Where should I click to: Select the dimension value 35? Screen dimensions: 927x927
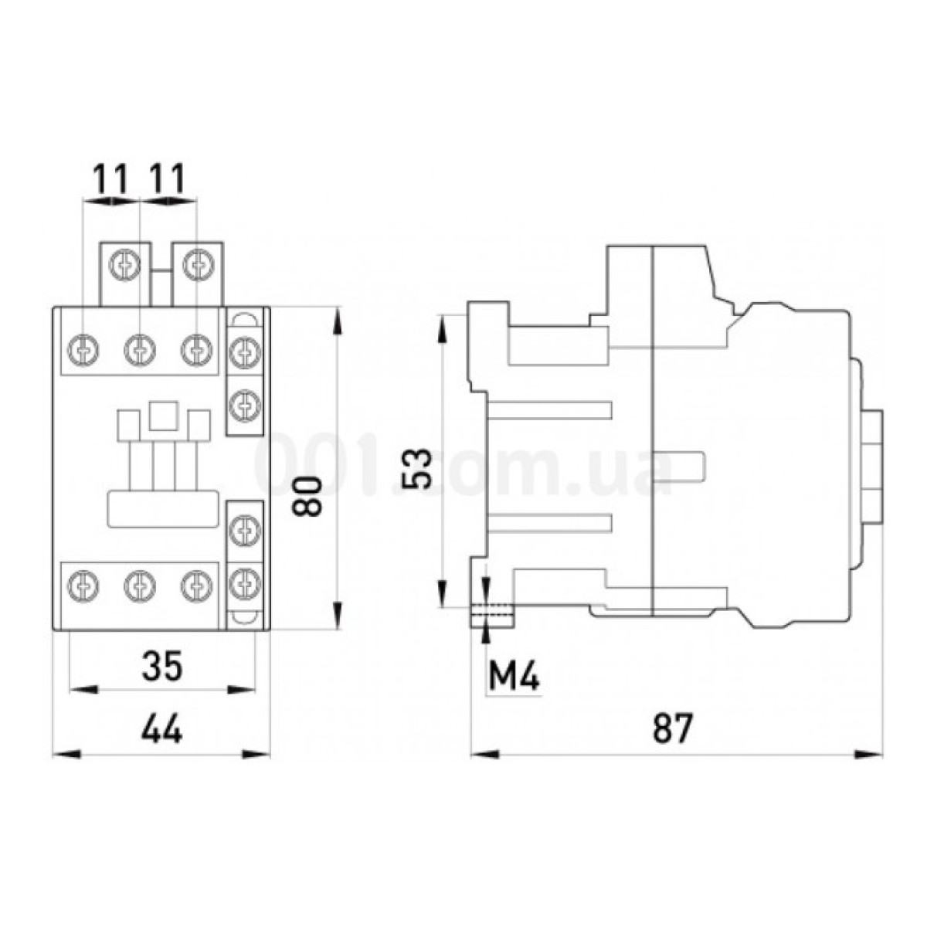click(x=162, y=666)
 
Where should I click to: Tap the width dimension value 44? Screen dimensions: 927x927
click(x=162, y=729)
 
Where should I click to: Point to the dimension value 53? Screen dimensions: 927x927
click(x=417, y=468)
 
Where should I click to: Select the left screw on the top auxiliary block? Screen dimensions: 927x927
click(x=123, y=265)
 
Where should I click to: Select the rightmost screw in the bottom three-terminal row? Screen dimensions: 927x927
click(x=195, y=585)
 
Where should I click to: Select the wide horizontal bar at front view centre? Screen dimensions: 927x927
click(x=162, y=510)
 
